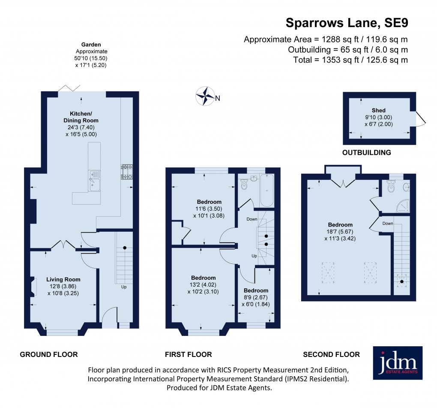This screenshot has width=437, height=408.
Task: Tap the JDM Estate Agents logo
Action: (398, 363)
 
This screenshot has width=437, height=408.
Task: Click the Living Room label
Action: (63, 280)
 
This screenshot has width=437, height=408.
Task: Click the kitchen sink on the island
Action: (94, 180)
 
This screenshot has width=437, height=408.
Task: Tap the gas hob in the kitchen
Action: (127, 172)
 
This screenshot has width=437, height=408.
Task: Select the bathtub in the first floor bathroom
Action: (266, 190)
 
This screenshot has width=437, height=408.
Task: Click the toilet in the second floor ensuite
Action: (391, 187)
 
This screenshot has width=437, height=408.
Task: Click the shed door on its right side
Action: (420, 118)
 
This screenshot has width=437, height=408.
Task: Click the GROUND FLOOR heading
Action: (49, 354)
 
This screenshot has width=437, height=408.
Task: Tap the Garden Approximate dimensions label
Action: (91, 55)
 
